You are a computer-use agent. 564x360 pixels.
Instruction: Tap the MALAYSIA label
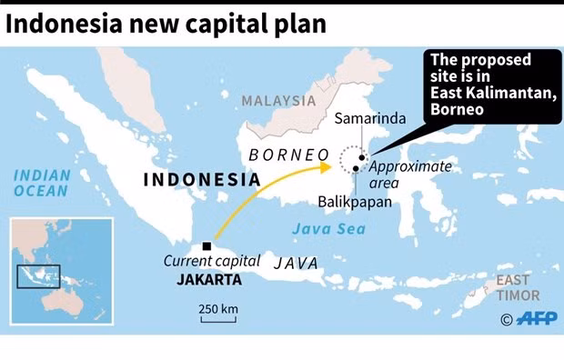click(278, 101)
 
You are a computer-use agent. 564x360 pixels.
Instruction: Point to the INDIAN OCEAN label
click(41, 183)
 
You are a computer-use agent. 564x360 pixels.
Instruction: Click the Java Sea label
click(335, 229)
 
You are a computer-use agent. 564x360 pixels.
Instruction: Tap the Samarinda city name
click(370, 119)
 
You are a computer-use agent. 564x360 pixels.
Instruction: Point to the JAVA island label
click(297, 263)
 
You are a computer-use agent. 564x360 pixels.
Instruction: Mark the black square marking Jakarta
click(208, 246)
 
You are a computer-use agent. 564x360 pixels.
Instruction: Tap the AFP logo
click(537, 318)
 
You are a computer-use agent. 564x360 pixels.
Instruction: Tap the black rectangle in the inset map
click(39, 275)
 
